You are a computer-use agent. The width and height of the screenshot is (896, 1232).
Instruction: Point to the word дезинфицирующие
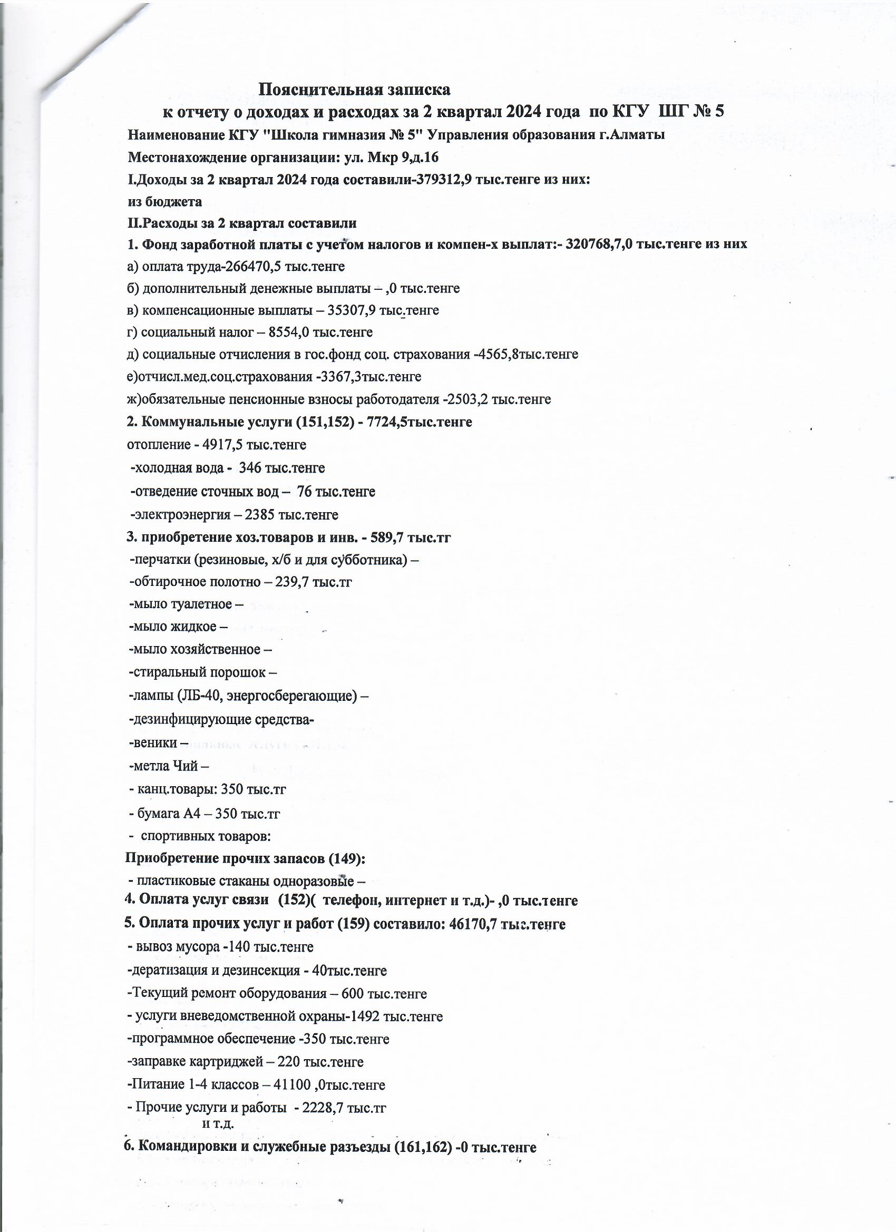(x=191, y=720)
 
